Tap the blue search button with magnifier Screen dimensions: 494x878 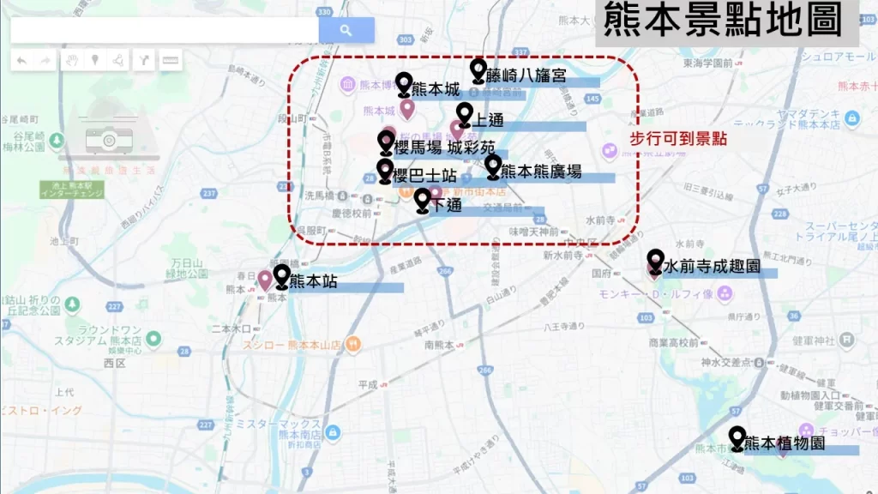point(346,30)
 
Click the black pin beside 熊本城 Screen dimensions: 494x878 point(404,83)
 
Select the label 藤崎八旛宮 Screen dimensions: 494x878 point(525,75)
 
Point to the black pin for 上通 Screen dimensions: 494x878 point(464,113)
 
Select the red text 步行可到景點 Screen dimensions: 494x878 point(678,139)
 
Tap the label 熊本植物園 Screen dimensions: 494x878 point(785,443)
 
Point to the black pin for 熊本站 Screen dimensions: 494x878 point(281,275)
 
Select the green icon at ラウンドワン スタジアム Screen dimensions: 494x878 point(153,339)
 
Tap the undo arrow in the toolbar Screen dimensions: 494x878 point(21,61)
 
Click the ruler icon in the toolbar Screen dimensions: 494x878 point(170,61)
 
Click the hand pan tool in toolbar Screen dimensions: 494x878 point(72,61)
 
